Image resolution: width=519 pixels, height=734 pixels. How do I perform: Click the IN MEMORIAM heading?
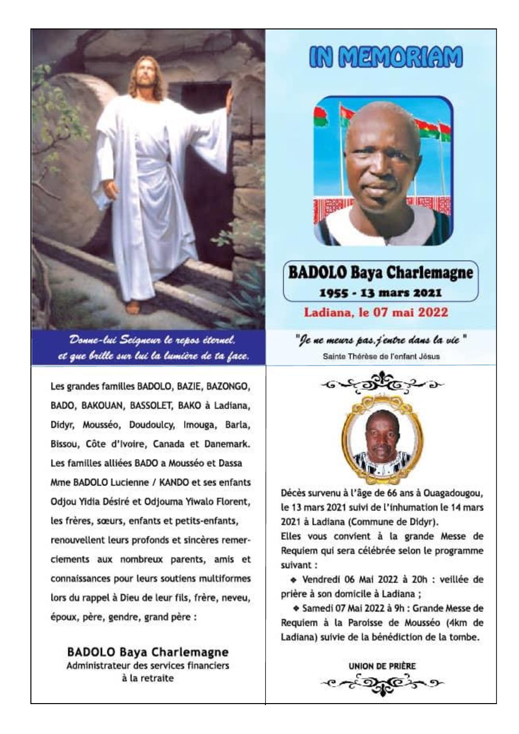[x=386, y=57]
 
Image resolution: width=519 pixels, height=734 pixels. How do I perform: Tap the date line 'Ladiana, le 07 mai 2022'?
[x=376, y=312]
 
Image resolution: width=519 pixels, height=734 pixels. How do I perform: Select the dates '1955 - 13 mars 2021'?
[x=381, y=293]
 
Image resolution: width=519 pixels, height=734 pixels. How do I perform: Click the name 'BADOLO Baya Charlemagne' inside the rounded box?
[x=381, y=273]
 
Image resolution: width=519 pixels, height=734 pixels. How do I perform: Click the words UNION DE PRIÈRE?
[x=382, y=666]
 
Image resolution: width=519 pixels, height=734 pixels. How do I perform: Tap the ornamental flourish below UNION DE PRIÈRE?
[x=382, y=682]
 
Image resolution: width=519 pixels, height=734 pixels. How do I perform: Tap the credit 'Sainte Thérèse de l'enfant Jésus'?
[x=381, y=356]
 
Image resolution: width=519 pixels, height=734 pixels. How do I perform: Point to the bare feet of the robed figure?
[x=133, y=307]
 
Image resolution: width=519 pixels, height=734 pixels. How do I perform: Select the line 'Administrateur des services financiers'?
[x=148, y=666]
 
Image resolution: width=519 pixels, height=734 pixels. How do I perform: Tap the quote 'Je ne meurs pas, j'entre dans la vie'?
[x=381, y=340]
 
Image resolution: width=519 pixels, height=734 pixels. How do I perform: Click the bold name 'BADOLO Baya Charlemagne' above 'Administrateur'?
[x=148, y=652]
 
